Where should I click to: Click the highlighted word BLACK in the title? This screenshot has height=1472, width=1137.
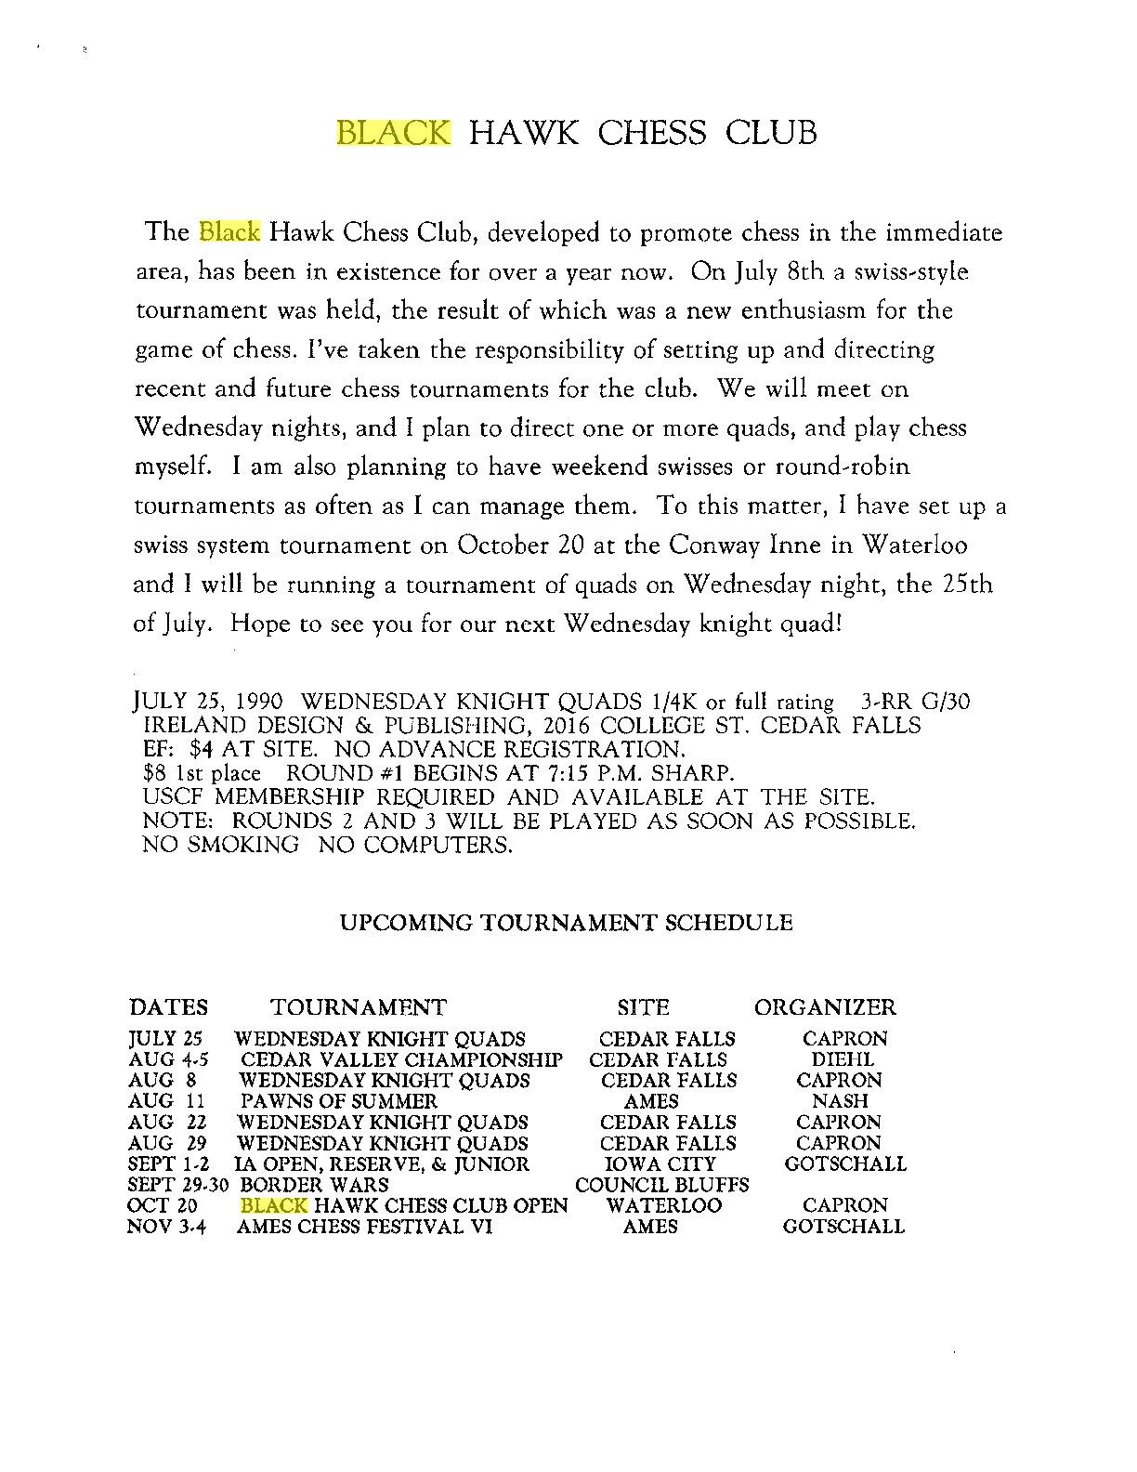[x=393, y=132]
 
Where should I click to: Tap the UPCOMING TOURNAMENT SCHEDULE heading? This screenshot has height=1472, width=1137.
[x=566, y=923]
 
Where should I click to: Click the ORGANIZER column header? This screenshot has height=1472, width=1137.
[x=825, y=1007]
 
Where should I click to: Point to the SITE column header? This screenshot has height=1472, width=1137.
[x=643, y=1007]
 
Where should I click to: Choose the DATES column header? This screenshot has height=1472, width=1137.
[x=168, y=1007]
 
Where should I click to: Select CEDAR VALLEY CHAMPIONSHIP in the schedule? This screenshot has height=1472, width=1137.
[x=401, y=1059]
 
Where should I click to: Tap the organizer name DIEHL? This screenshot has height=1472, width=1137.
[x=843, y=1059]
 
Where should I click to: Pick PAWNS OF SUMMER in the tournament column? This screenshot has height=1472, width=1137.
[x=338, y=1101]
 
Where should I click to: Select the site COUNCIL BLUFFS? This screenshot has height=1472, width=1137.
[x=662, y=1185]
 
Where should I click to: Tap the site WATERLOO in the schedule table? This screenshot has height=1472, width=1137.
[x=663, y=1205]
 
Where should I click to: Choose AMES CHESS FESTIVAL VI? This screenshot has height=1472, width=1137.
[x=364, y=1227]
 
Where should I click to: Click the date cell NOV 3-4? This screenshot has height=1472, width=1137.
[x=165, y=1227]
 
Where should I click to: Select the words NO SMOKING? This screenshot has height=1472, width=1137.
[x=221, y=846]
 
